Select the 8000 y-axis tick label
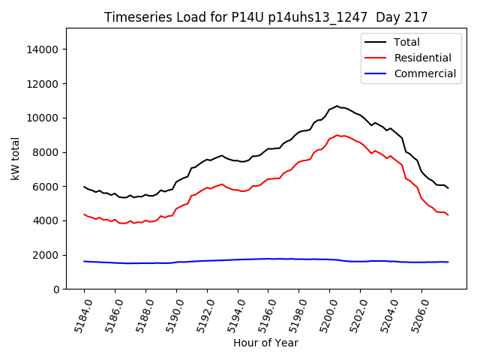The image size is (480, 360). [46, 152]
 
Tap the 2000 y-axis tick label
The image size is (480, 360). [46, 255]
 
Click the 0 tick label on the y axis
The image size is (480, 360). [55, 289]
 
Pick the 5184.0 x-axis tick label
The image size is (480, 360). [77, 315]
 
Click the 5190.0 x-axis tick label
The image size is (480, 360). [169, 315]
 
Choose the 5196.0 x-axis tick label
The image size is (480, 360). [262, 315]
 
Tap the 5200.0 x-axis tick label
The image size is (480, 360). [323, 315]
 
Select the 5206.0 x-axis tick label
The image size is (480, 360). [415, 315]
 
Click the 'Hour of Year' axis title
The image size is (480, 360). [265, 343]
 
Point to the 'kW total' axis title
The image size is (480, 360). [15, 159]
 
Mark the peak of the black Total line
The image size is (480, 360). [337, 106]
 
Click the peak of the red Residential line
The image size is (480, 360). [337, 135]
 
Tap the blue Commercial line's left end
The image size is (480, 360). [84, 261]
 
